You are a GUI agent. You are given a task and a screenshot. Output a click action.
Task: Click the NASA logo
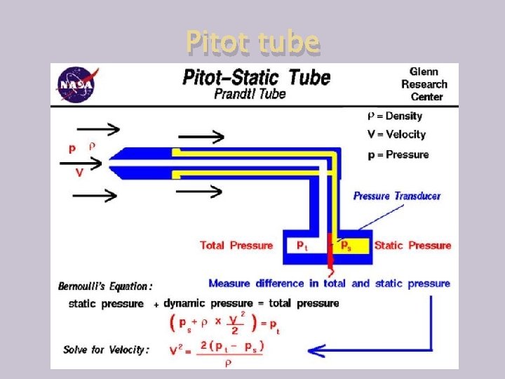click(x=77, y=84)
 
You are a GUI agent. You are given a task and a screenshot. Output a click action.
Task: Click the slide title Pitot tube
click(x=252, y=43)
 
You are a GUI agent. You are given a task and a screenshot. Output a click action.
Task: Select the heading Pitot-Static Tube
click(x=256, y=77)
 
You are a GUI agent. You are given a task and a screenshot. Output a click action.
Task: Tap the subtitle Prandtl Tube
click(x=250, y=93)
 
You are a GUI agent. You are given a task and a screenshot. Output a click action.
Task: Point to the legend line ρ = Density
click(x=395, y=116)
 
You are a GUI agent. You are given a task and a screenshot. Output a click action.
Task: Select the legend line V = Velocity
click(x=396, y=134)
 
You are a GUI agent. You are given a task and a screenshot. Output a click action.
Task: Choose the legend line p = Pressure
click(x=398, y=154)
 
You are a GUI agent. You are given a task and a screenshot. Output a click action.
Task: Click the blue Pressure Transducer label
click(x=397, y=196)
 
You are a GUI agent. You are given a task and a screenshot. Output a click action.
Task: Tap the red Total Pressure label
click(x=236, y=245)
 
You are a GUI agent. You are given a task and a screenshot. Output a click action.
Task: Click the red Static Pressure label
click(x=412, y=245)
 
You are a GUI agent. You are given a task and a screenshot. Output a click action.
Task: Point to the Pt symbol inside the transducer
click(x=301, y=245)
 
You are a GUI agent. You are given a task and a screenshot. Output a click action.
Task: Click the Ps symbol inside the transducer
click(x=346, y=245)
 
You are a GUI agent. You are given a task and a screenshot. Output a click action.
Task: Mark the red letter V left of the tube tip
click(x=80, y=173)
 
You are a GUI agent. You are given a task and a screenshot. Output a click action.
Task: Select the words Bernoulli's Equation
click(x=105, y=286)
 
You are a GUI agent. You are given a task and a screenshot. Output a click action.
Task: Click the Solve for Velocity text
click(x=106, y=350)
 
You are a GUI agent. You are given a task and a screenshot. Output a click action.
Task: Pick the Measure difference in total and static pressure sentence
click(x=329, y=284)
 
